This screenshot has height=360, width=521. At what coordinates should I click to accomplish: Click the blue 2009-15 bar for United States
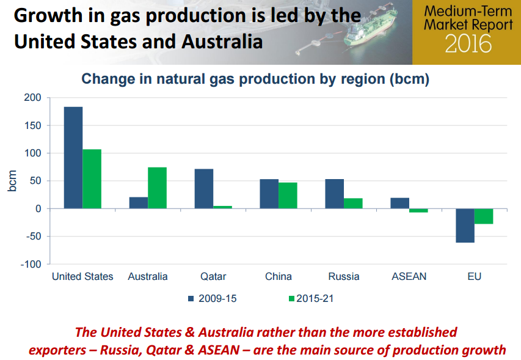point(73,158)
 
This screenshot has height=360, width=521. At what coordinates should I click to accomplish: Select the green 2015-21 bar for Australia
point(157,188)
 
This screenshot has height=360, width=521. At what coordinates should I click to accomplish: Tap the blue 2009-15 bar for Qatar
point(204,188)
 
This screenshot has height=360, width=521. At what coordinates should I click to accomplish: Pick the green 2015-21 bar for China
point(288,195)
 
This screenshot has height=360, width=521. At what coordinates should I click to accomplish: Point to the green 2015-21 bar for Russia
point(353,203)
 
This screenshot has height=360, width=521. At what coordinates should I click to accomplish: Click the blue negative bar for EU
point(465,225)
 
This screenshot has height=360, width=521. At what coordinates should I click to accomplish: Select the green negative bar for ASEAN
point(418,210)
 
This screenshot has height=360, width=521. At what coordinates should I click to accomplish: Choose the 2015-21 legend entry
point(311,298)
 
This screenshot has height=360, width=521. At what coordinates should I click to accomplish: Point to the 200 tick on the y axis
point(33,98)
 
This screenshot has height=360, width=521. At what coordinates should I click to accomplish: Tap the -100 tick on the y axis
point(31,264)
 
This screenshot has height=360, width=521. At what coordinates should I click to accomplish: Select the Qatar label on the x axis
point(213,276)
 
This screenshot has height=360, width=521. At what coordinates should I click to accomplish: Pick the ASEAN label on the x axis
point(409,276)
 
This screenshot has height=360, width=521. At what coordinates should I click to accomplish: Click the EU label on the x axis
point(474,276)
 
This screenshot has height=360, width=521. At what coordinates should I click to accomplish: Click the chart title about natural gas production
point(256,79)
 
